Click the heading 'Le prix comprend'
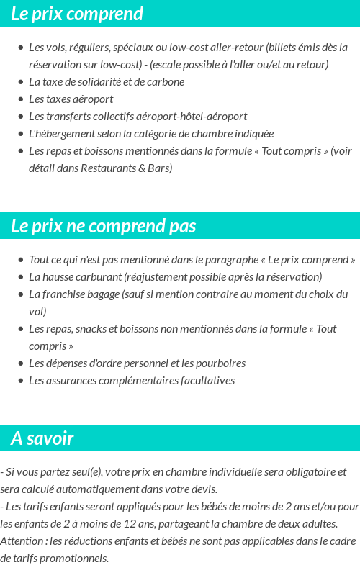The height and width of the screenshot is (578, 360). click(77, 14)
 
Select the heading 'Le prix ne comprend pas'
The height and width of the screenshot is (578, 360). click(103, 226)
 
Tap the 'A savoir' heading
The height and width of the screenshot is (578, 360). click(42, 438)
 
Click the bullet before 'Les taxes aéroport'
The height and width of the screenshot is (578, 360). click(20, 99)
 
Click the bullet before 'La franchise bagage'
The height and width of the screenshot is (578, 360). click(20, 294)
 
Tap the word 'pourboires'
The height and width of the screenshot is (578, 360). click(220, 363)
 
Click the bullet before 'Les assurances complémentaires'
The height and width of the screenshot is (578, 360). click(20, 381)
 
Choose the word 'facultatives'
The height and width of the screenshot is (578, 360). click(204, 380)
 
